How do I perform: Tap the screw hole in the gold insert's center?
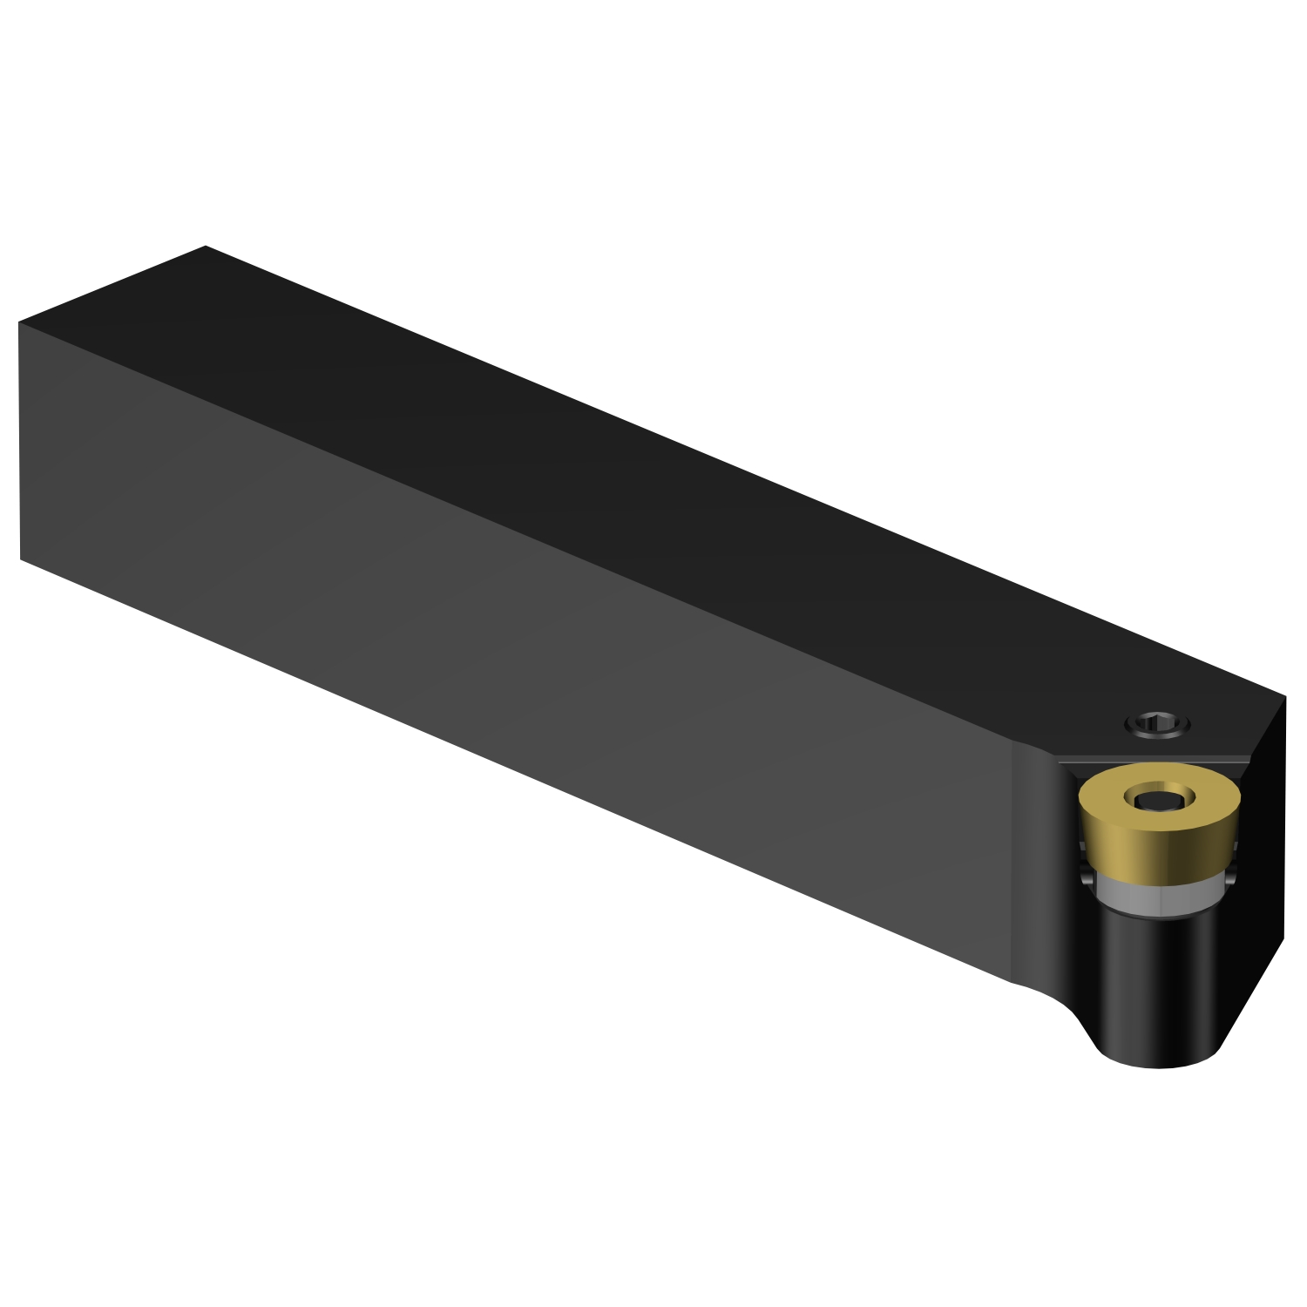coord(1155,797)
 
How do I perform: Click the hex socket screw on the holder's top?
coord(1157,723)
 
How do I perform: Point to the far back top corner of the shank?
coord(206,247)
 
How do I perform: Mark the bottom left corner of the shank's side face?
coord(21,558)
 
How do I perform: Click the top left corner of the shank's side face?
coord(19,323)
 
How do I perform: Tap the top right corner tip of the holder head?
coord(1284,696)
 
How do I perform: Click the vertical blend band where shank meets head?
coord(1033,863)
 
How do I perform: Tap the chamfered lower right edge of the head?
coord(1253,993)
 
